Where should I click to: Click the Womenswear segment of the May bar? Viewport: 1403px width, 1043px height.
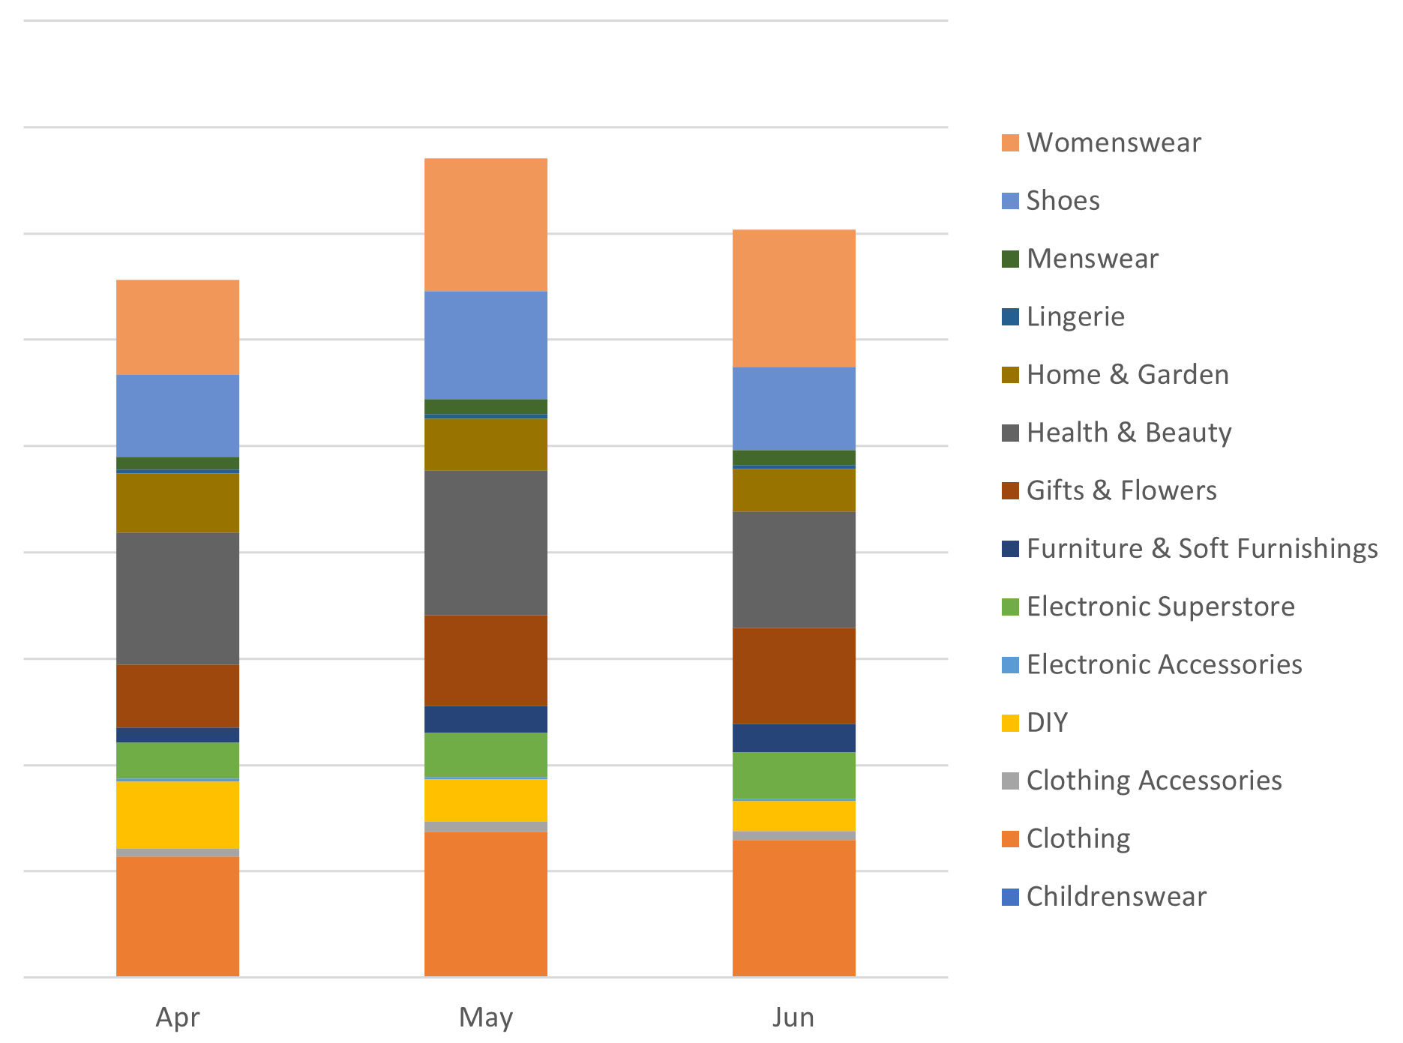coord(485,224)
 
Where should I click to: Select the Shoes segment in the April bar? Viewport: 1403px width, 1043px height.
coord(178,415)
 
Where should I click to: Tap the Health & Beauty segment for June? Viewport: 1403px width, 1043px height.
coord(793,569)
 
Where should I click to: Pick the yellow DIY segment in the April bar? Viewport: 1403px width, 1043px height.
coord(178,814)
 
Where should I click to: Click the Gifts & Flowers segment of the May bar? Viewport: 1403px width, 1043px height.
coord(485,660)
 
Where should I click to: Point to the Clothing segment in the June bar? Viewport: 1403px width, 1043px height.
coord(793,907)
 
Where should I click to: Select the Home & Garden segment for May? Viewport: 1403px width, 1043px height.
coord(485,444)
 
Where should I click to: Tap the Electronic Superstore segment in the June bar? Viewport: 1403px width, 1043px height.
coord(793,775)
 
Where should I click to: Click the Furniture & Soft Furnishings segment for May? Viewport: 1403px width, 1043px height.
coord(485,719)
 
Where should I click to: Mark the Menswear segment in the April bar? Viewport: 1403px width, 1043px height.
coord(178,463)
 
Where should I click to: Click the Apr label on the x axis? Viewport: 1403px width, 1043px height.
coord(178,1017)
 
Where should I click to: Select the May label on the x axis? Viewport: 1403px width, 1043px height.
coord(485,1017)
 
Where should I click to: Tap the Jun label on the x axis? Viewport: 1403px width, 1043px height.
coord(793,1017)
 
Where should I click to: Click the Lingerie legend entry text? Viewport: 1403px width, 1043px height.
coord(1075,316)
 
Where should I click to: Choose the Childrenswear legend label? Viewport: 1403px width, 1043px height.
coord(1116,896)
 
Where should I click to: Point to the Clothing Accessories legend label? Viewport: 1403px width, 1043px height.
coord(1153,781)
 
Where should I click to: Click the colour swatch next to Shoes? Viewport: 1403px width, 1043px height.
coord(1010,201)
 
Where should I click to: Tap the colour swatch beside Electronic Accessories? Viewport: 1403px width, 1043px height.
coord(1010,664)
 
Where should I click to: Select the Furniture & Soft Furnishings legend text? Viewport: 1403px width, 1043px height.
coord(1201,548)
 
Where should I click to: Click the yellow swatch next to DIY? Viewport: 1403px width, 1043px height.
coord(1010,723)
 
